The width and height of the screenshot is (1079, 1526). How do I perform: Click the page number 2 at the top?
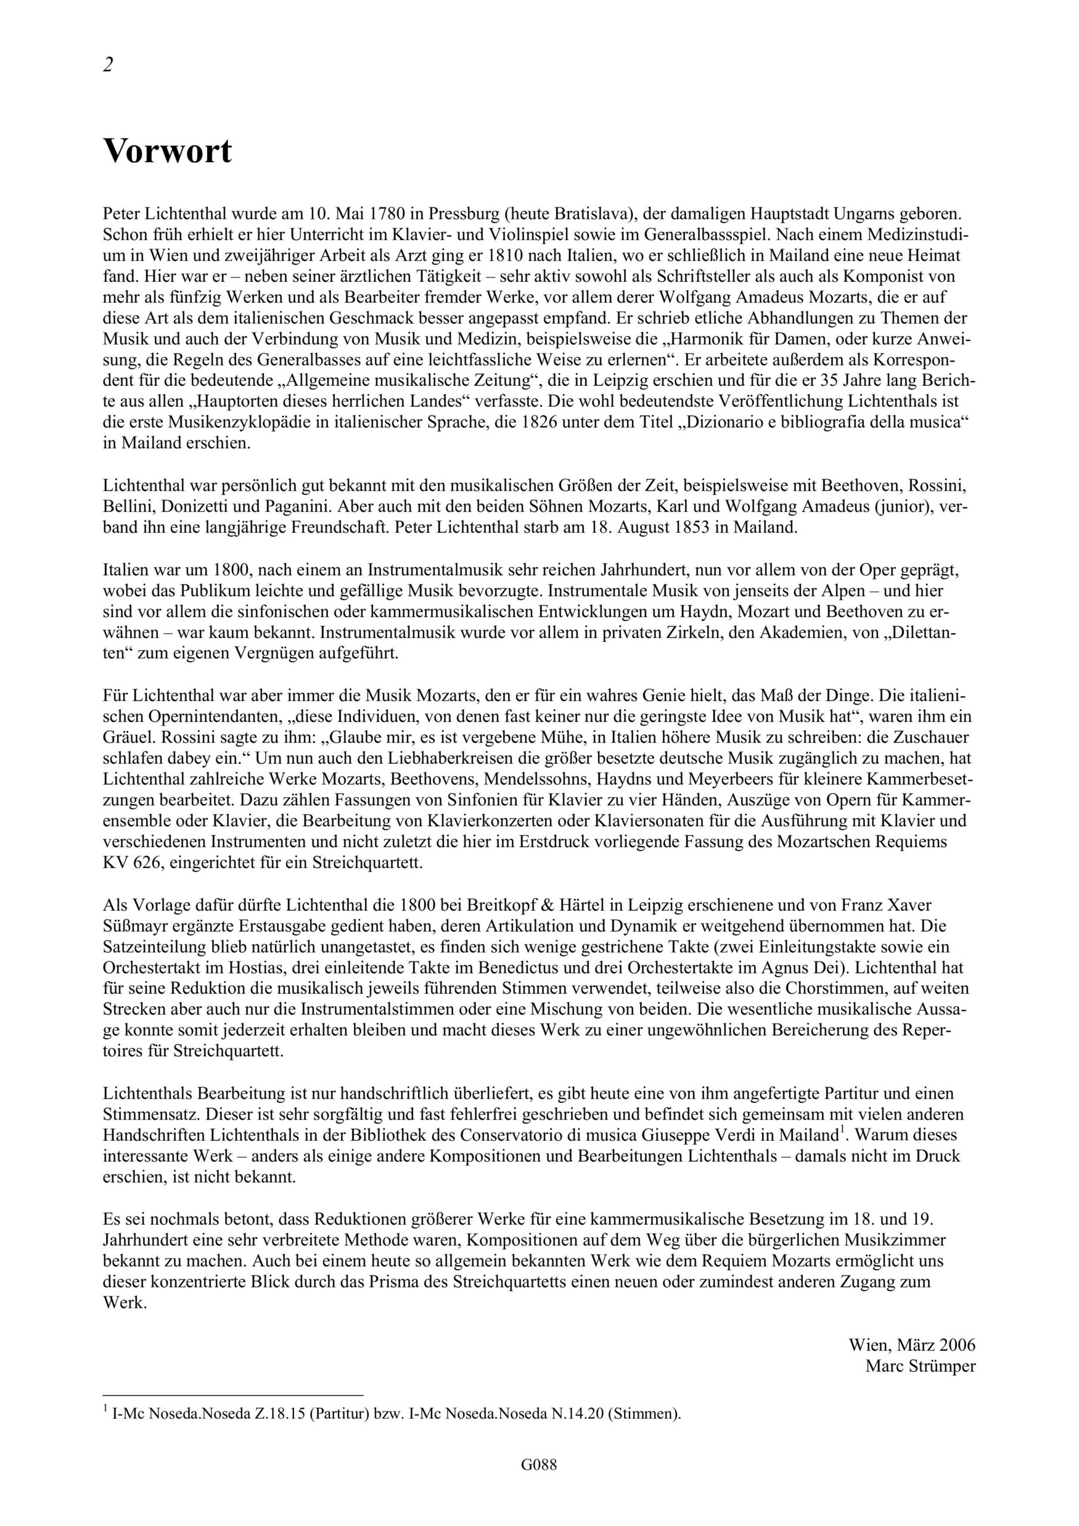click(x=108, y=65)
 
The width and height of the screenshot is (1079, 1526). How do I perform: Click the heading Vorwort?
click(x=168, y=151)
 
